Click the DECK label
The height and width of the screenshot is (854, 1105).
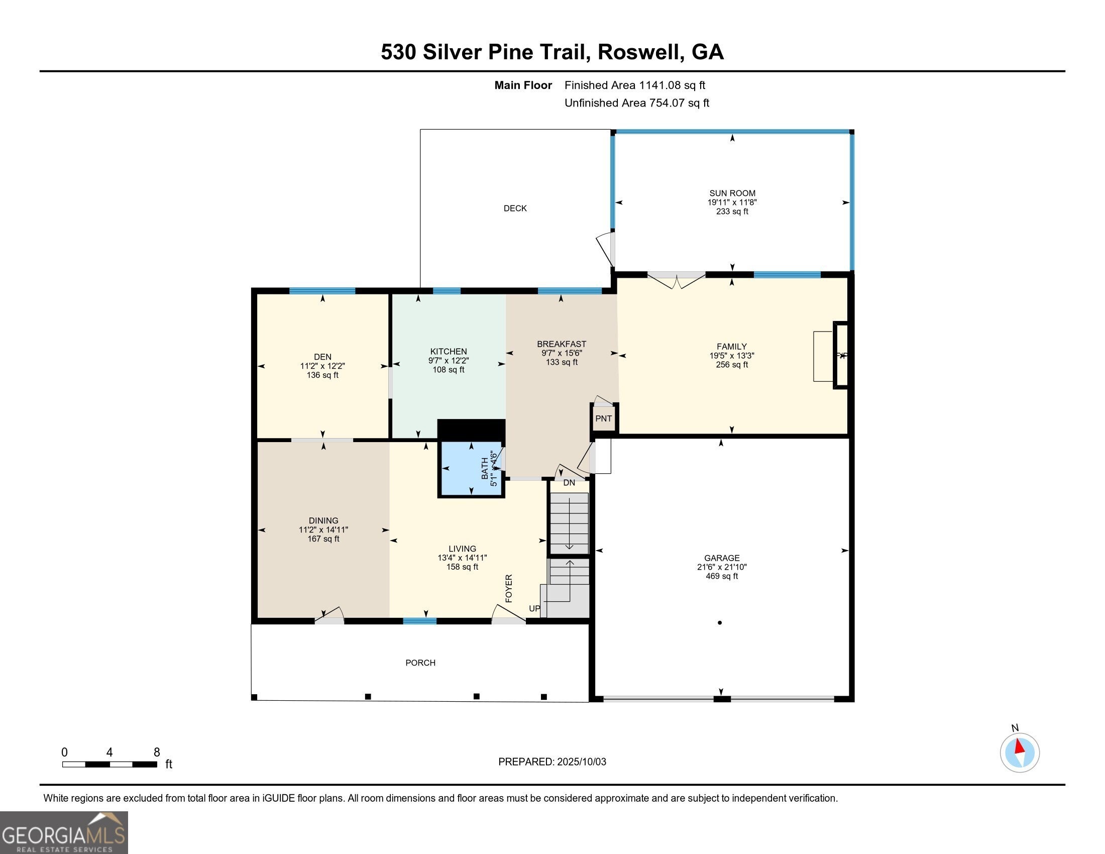pos(515,208)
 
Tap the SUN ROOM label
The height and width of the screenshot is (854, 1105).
pos(732,193)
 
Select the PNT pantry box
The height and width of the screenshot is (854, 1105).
pos(604,418)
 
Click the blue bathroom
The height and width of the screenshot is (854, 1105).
pos(471,469)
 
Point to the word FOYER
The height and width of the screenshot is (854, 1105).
pos(509,588)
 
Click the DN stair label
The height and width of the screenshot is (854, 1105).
pos(569,483)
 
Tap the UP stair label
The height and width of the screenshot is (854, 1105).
pos(534,609)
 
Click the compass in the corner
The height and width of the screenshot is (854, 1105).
pos(1020,753)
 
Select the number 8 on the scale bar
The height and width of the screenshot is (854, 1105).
pos(157,753)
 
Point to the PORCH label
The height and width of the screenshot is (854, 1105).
pos(420,663)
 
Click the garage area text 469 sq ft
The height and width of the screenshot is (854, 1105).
pos(722,576)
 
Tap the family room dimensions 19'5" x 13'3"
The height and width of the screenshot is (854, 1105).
pos(732,356)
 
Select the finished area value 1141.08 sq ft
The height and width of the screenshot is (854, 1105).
pos(673,85)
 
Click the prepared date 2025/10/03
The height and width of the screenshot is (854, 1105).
pos(581,762)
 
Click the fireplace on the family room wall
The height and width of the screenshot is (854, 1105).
pos(841,355)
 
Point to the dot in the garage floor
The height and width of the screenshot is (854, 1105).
pos(719,623)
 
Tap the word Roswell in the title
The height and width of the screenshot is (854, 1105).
pos(639,52)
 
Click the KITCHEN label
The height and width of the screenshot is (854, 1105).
pos(449,352)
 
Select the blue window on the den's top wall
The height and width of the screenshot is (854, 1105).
pos(322,291)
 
